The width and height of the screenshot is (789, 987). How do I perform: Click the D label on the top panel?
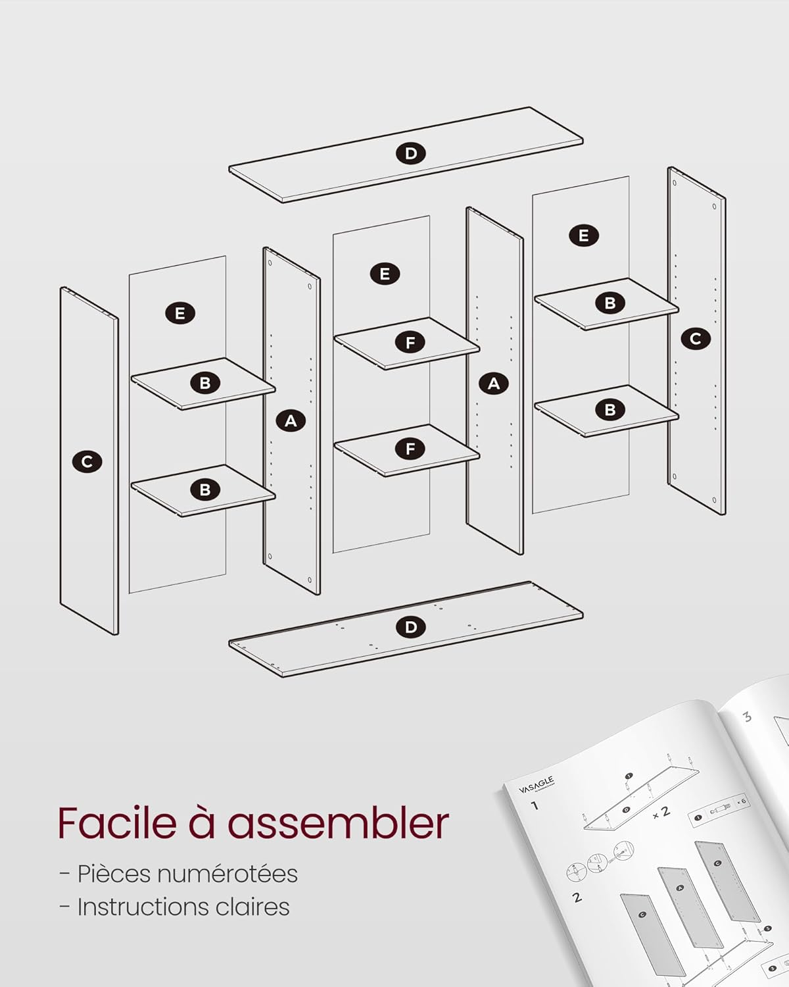coord(411,154)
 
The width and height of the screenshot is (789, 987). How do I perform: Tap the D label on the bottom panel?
coord(411,627)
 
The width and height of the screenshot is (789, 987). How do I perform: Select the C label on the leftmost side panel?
coord(87,462)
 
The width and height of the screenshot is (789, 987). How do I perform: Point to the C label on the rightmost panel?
coord(696,339)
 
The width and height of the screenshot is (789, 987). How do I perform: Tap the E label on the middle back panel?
coord(385,274)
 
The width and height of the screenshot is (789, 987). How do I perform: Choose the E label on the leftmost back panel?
coord(180,313)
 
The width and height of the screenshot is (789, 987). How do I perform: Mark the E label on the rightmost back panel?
coord(584,236)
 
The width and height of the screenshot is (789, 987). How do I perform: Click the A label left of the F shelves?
coord(291,420)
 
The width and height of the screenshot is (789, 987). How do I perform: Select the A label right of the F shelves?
coord(494,383)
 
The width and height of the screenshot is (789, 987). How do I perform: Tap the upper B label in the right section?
coord(610,303)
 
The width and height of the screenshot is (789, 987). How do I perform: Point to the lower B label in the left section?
coord(205,490)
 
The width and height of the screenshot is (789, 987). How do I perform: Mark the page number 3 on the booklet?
coord(748,716)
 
